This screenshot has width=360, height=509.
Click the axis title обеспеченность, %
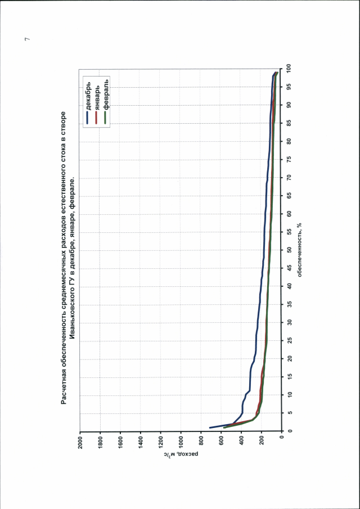coord(301,250)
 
